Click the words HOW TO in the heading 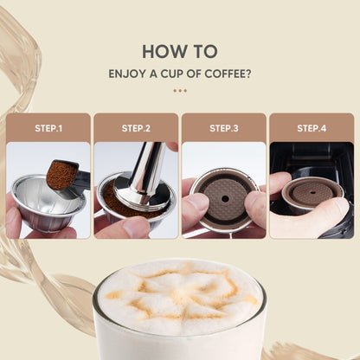[179, 51]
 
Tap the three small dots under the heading [179, 89]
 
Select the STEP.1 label [48, 128]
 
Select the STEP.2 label [136, 128]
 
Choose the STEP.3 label [223, 128]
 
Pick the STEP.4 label [311, 128]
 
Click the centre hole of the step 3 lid [224, 196]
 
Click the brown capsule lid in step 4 [309, 191]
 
